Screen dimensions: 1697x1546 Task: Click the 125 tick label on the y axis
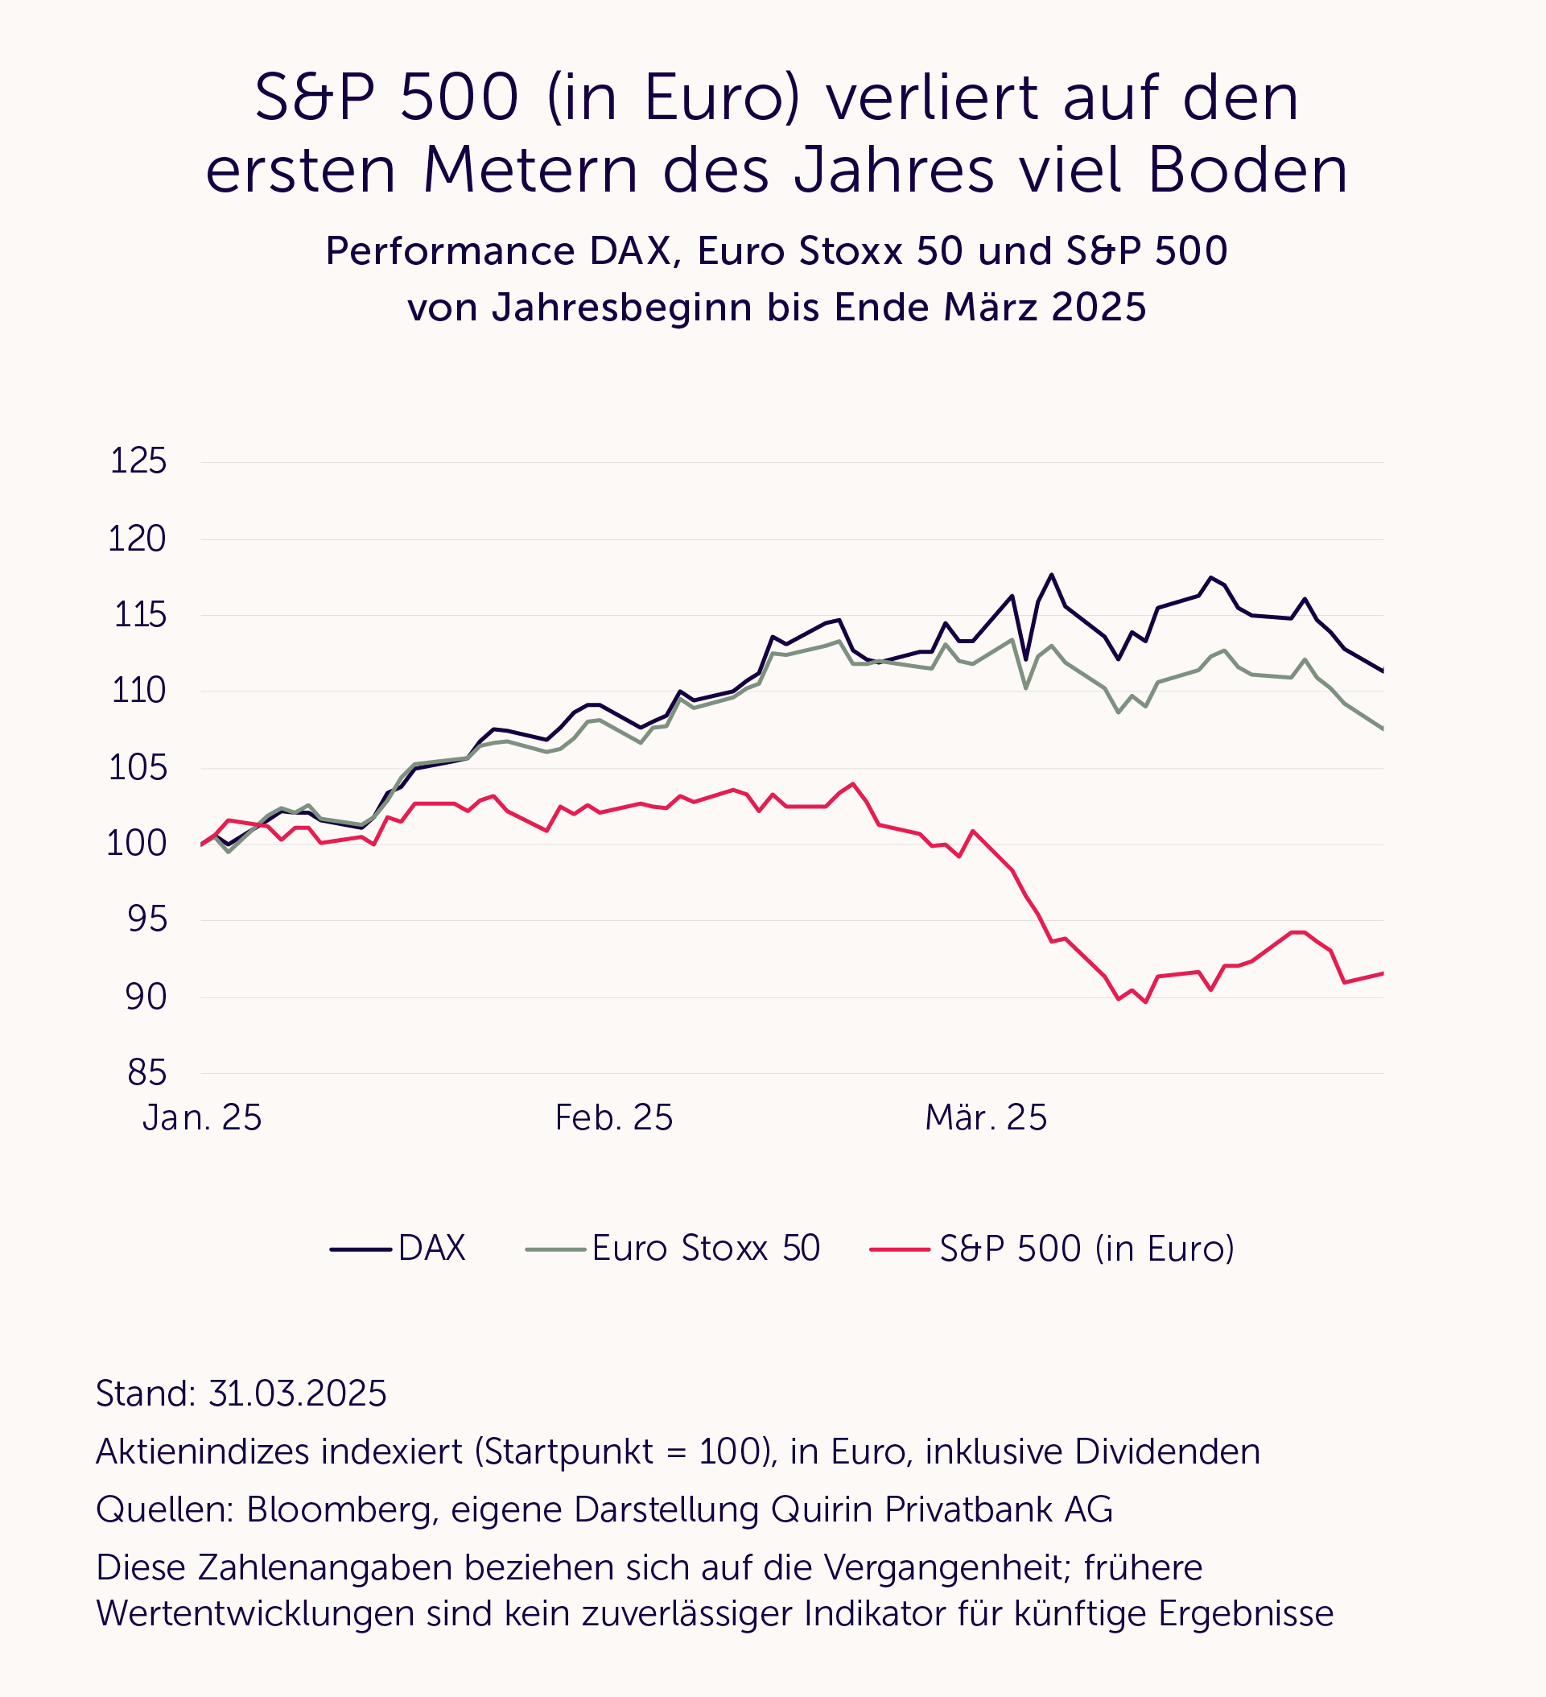click(139, 461)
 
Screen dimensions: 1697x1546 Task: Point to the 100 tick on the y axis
click(136, 844)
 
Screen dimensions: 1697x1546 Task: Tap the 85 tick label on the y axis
click(147, 1073)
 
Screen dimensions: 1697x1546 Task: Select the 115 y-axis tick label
click(140, 615)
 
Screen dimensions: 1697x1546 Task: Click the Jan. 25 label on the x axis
click(202, 1118)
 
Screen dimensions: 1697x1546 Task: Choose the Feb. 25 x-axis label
click(613, 1118)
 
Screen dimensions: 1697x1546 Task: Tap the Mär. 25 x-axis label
click(986, 1118)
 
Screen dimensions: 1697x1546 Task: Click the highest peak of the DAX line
click(1051, 575)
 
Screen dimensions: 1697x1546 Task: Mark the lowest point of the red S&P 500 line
click(1145, 1001)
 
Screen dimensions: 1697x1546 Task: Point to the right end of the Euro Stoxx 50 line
click(1383, 729)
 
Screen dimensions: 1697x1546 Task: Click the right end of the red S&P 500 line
click(1383, 973)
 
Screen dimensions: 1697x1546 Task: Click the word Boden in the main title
click(1247, 170)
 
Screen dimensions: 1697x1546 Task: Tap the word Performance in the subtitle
click(448, 251)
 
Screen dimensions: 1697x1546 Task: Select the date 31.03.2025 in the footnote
click(297, 1394)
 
